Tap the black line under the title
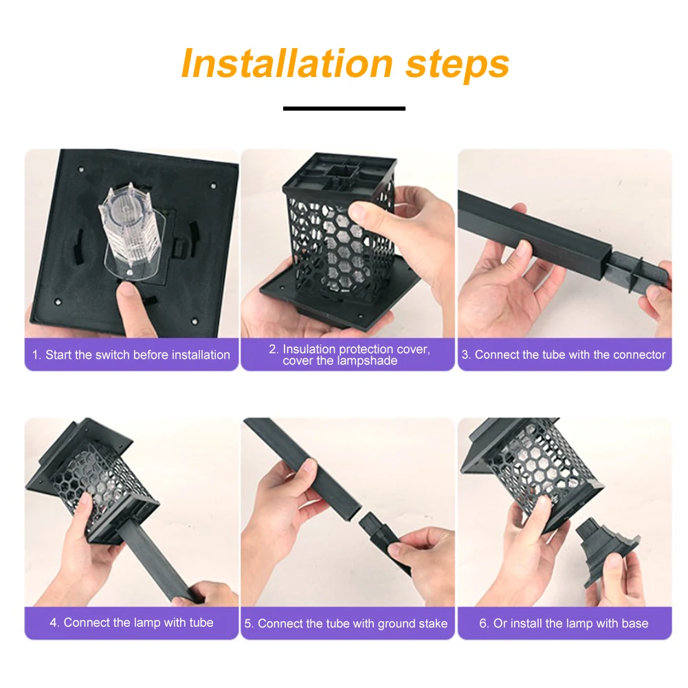(344, 109)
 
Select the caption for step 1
(131, 355)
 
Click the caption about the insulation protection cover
(349, 355)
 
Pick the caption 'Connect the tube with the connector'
(564, 355)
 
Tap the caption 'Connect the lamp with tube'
(131, 623)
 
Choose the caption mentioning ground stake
(346, 623)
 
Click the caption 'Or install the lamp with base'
(564, 623)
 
